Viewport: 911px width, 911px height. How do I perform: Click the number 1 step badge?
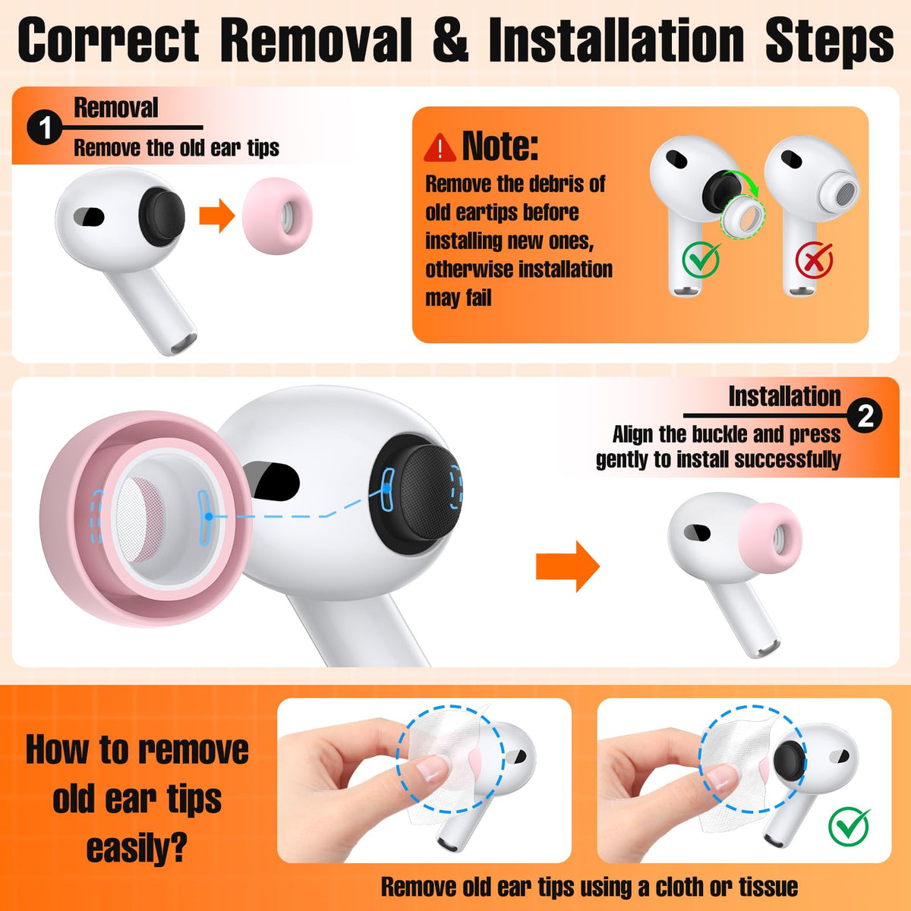pyautogui.click(x=45, y=128)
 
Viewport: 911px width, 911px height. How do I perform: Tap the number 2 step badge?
pyautogui.click(x=865, y=416)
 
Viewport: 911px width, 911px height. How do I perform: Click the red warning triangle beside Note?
pyautogui.click(x=440, y=147)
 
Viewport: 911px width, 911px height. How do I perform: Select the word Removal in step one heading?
pyautogui.click(x=116, y=108)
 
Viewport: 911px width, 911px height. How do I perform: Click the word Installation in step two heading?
pyautogui.click(x=785, y=396)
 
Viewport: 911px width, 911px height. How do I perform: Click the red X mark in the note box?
pyautogui.click(x=814, y=260)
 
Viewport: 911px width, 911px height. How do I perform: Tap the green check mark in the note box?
pyautogui.click(x=701, y=259)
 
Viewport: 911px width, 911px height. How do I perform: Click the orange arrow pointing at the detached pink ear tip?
pyautogui.click(x=217, y=216)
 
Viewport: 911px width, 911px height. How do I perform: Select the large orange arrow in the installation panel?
pyautogui.click(x=567, y=566)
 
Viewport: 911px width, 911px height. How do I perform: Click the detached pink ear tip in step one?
pyautogui.click(x=278, y=216)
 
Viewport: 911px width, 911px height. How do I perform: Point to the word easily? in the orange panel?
pyautogui.click(x=137, y=849)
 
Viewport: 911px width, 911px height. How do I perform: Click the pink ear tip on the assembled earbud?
pyautogui.click(x=770, y=537)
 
